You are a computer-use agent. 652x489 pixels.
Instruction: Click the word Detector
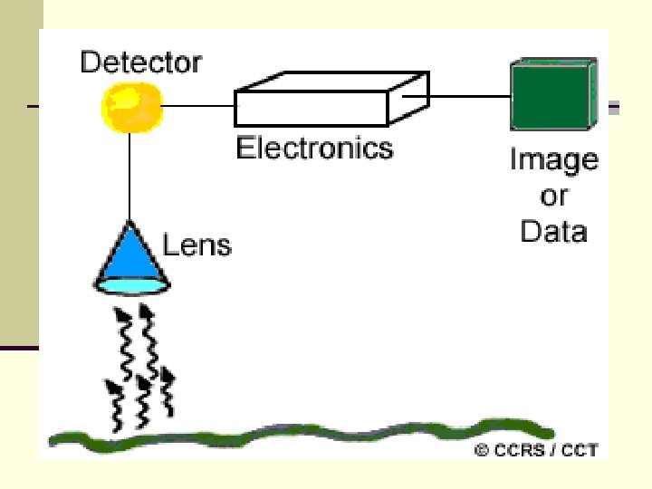[140, 62]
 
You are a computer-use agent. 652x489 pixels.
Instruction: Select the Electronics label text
[314, 148]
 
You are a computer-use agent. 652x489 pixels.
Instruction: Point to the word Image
[553, 160]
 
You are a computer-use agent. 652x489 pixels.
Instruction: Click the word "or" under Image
[553, 196]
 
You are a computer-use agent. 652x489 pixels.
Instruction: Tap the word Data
[553, 231]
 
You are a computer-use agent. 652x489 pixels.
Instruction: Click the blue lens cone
[131, 251]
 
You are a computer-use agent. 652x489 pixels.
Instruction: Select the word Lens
[197, 244]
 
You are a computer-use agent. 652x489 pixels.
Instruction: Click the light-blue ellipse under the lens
[132, 284]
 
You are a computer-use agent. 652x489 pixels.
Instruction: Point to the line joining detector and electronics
[198, 107]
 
